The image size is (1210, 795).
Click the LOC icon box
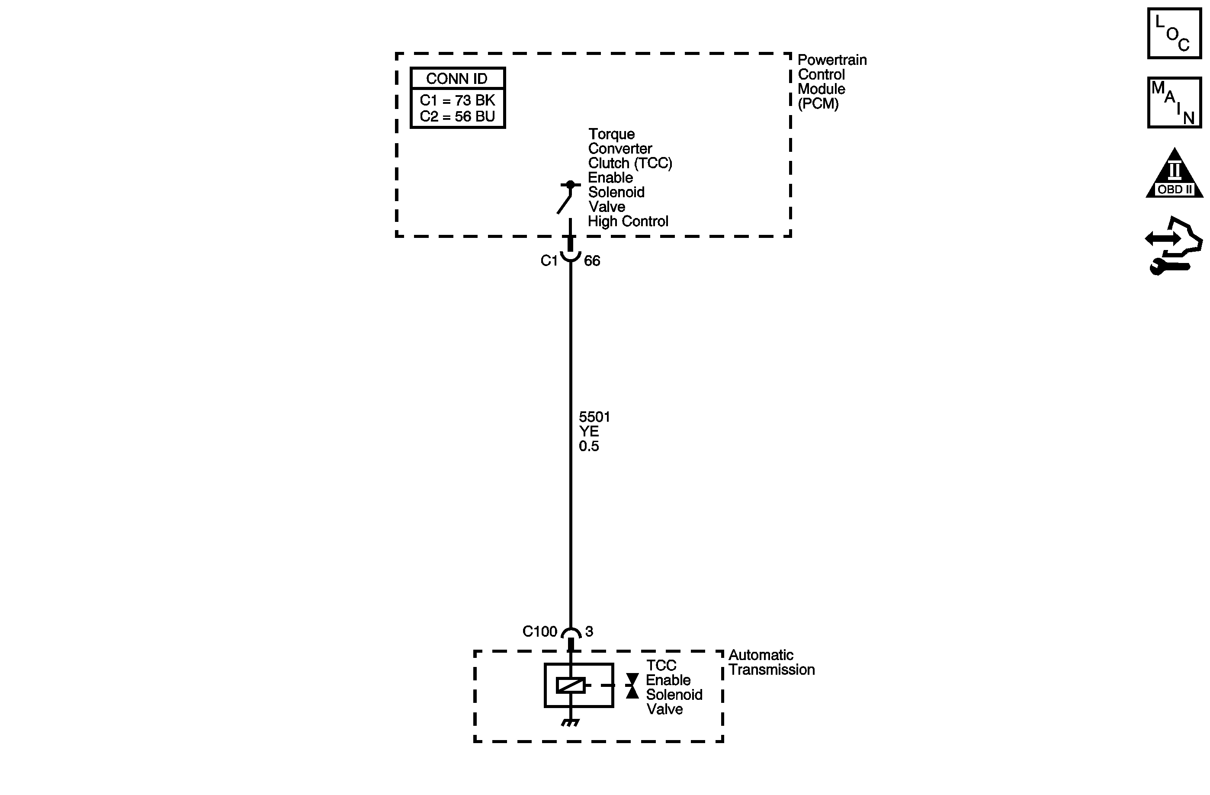click(x=1174, y=34)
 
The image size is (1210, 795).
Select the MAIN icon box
click(x=1174, y=103)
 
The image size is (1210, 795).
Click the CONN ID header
click(x=457, y=79)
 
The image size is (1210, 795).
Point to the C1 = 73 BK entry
click(x=457, y=100)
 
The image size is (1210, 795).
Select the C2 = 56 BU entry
click(x=457, y=116)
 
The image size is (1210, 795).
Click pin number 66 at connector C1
click(x=592, y=261)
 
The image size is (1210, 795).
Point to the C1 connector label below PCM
click(x=549, y=261)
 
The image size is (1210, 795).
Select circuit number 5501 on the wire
click(x=594, y=417)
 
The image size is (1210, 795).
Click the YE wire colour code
click(x=589, y=432)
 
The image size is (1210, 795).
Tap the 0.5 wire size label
click(x=589, y=446)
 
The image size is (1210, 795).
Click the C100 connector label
click(x=539, y=632)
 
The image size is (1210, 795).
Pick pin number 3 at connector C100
click(x=589, y=632)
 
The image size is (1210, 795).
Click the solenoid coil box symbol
click(x=578, y=685)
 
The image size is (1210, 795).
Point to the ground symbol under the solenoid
click(x=571, y=722)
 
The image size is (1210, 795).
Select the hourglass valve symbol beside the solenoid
click(x=632, y=686)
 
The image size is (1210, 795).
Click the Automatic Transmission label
click(x=771, y=662)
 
